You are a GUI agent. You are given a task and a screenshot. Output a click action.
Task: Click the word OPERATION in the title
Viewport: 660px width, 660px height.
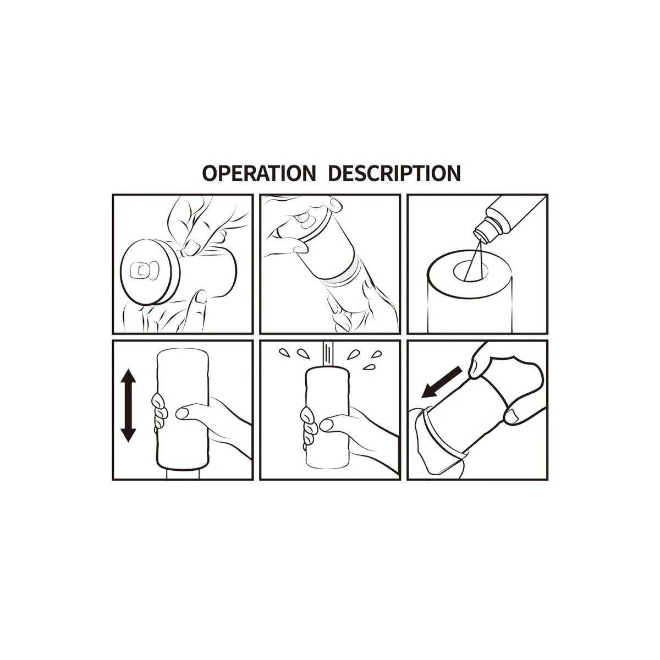coord(258,173)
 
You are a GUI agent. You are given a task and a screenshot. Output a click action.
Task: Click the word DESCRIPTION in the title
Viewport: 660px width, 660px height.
coord(394,173)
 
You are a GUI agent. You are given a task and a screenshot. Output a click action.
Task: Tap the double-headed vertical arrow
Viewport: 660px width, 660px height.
coord(128,406)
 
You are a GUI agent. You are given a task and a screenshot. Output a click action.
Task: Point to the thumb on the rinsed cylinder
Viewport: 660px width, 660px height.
coord(330,424)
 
